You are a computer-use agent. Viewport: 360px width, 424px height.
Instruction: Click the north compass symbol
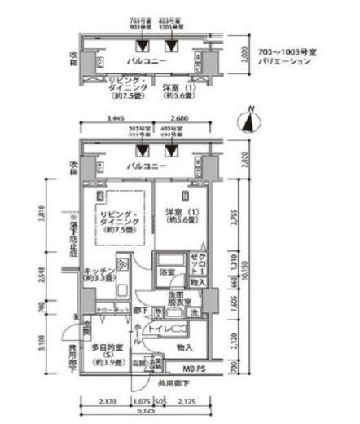pyautogui.click(x=248, y=122)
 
